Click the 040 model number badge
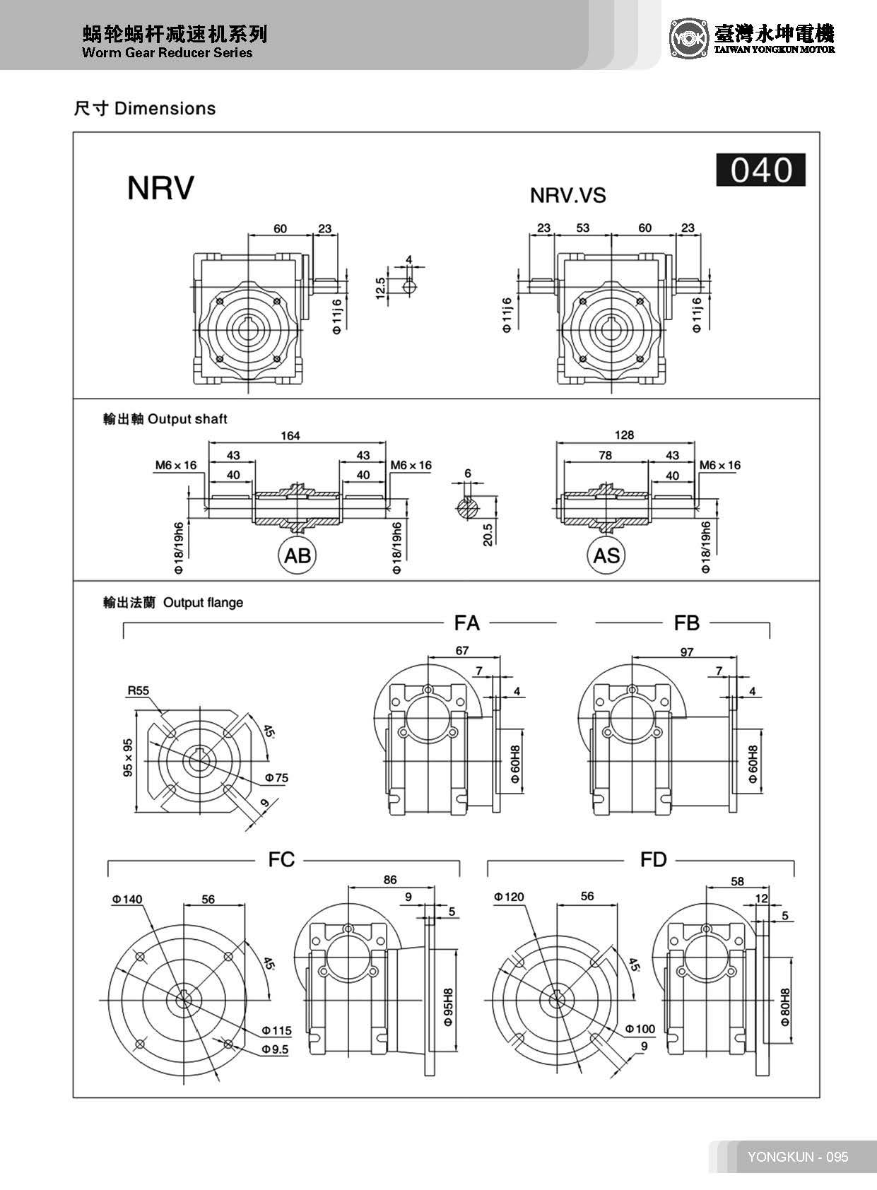click(x=760, y=170)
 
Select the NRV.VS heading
click(x=567, y=195)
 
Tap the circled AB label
click(x=297, y=555)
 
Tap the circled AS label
click(x=606, y=555)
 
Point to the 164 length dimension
click(x=290, y=435)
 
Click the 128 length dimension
click(x=624, y=435)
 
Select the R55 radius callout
click(x=139, y=690)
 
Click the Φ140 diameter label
click(x=126, y=899)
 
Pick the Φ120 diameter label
click(x=509, y=897)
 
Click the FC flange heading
click(x=281, y=859)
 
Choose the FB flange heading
click(x=686, y=623)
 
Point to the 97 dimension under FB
click(x=686, y=652)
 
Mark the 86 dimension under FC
click(x=390, y=880)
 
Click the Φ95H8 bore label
click(x=448, y=1006)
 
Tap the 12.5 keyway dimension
click(x=381, y=288)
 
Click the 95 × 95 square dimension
click(x=128, y=758)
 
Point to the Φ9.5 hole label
click(x=275, y=1049)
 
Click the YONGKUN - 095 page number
click(x=798, y=1157)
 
